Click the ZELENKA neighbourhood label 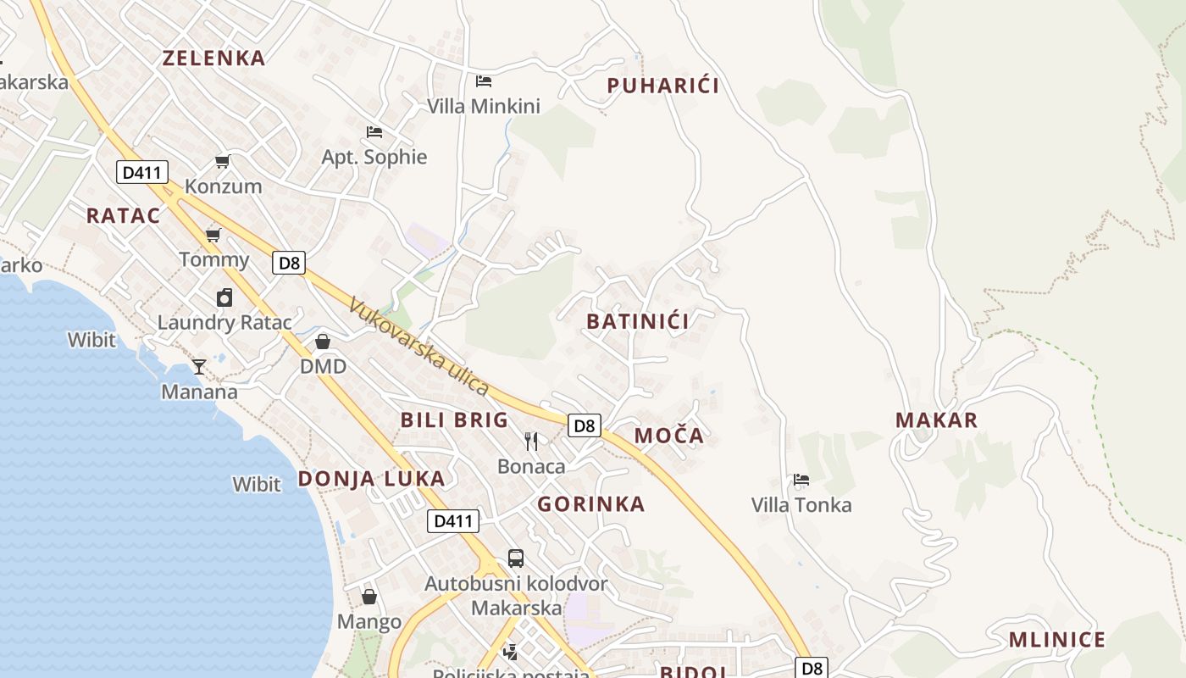213,58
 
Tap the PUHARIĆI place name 663,86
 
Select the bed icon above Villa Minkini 484,81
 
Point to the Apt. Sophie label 374,157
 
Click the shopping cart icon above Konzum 222,161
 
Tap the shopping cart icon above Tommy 213,235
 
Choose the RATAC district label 123,215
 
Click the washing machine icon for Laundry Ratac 224,297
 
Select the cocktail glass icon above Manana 199,366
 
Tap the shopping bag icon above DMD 323,342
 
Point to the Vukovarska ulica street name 418,347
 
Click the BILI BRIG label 454,420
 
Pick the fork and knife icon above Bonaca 531,441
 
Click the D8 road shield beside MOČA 585,425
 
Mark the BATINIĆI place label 637,321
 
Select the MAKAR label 936,420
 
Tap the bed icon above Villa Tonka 801,480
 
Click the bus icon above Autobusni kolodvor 516,559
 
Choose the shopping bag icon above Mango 369,597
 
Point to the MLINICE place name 1056,640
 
